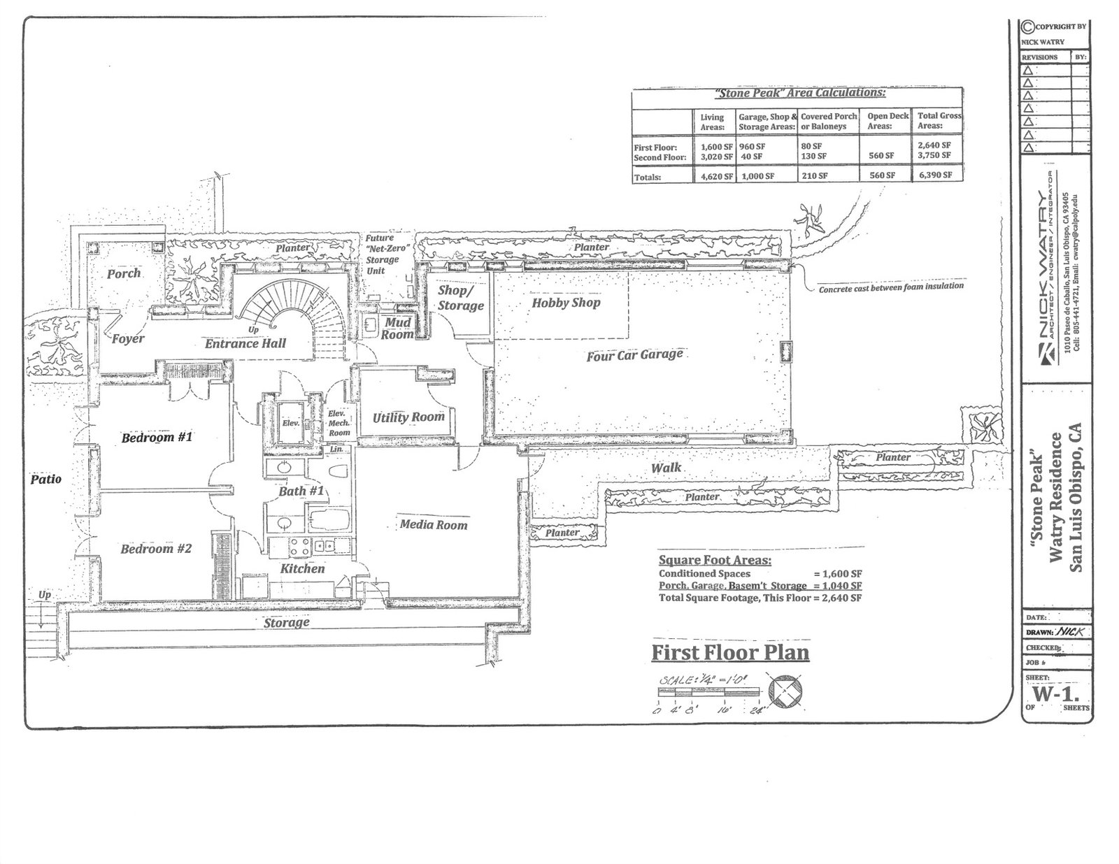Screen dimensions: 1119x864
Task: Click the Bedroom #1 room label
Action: tap(157, 438)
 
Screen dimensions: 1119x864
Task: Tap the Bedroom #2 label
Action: tap(156, 549)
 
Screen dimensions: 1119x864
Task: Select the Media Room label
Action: tap(434, 525)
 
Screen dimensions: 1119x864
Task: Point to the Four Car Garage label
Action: tap(634, 355)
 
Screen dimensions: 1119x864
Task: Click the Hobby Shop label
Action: tap(566, 303)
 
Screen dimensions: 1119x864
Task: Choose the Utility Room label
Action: tap(408, 417)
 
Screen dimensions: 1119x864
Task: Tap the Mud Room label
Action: tap(397, 329)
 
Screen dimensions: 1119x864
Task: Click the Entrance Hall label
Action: tap(245, 344)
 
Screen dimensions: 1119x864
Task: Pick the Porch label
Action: tap(124, 273)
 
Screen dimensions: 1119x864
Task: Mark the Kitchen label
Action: tap(302, 568)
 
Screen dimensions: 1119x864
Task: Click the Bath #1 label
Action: tap(301, 491)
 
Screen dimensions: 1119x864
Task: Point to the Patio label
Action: tap(46, 479)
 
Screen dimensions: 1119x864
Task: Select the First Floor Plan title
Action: tap(730, 653)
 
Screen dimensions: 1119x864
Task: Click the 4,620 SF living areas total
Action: tap(717, 176)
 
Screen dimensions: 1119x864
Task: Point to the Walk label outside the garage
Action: tap(666, 468)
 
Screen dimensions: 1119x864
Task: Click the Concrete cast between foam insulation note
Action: tap(891, 287)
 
